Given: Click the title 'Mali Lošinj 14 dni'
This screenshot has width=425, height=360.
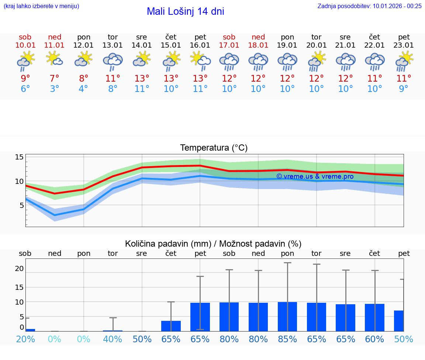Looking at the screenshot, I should pos(185,11).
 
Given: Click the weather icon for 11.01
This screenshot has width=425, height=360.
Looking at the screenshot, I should pos(55,59).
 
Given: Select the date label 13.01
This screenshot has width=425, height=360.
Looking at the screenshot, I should pos(113,45).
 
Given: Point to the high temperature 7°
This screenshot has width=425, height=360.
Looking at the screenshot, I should pos(55,78).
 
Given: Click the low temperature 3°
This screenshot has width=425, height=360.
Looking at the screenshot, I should pos(55,89).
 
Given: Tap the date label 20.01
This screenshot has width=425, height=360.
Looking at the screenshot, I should pos(316,45).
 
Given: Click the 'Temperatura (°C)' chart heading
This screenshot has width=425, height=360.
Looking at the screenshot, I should pos(214,148).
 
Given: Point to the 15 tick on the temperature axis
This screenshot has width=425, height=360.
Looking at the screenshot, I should pos(19,157).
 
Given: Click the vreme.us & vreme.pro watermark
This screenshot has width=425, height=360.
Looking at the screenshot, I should pos(315,176).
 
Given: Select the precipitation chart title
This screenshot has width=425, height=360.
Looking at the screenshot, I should pos(213,244).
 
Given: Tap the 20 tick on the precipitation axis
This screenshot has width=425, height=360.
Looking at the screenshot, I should pos(19,269).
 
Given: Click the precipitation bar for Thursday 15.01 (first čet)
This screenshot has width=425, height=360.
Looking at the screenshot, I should pos(171,326).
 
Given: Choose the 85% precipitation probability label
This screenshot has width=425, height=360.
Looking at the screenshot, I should pos(287,339).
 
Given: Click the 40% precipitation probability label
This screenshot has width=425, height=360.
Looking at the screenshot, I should pos(113,339).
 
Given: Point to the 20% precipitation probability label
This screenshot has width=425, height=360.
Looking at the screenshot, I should pos(25,339).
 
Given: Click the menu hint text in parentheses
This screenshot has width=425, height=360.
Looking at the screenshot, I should pos(41,6).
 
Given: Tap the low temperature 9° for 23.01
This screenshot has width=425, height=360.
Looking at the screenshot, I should pos(404,89).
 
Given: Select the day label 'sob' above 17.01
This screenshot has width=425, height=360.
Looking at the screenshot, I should pos(229,37).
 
